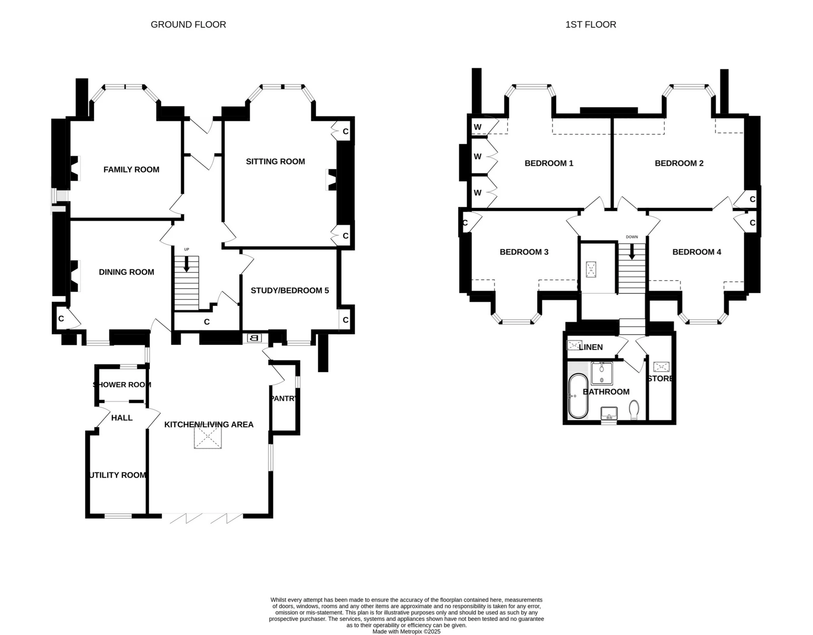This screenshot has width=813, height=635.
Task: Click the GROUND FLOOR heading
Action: coord(188,24)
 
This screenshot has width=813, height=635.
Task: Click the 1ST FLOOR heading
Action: coord(590,24)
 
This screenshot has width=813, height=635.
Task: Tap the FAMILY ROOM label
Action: coord(131,170)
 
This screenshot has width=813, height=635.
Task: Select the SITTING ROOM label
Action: coord(275,162)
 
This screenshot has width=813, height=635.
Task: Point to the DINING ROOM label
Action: coord(126,272)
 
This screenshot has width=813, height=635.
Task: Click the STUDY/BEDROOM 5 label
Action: coord(289,291)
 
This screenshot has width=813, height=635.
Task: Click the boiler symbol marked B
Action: coord(254,338)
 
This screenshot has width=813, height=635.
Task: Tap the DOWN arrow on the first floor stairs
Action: coord(632,252)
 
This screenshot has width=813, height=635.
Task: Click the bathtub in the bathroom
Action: coord(578,396)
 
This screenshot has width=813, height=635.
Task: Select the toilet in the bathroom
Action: coord(634,409)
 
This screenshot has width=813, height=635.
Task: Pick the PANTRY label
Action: coord(283,399)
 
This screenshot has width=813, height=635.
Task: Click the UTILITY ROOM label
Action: coord(118,475)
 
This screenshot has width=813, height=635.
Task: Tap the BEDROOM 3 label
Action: coord(524,252)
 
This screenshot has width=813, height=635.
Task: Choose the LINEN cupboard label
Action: coord(591,347)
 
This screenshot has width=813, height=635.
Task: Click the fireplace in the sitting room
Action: coord(332,179)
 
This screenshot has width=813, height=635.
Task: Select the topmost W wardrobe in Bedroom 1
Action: coord(478,127)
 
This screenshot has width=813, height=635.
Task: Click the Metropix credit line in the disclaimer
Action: coord(406,631)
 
